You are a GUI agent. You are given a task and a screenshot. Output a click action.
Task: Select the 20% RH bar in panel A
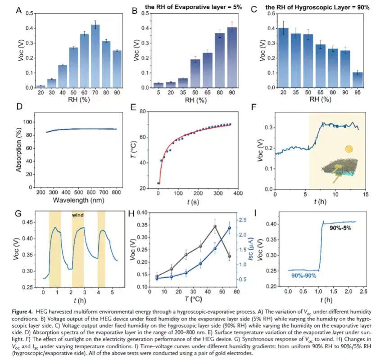(x=41, y=86)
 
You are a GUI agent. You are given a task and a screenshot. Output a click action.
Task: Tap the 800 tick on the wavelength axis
(x=116, y=192)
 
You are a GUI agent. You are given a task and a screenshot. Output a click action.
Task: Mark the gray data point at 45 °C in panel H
(x=215, y=226)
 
